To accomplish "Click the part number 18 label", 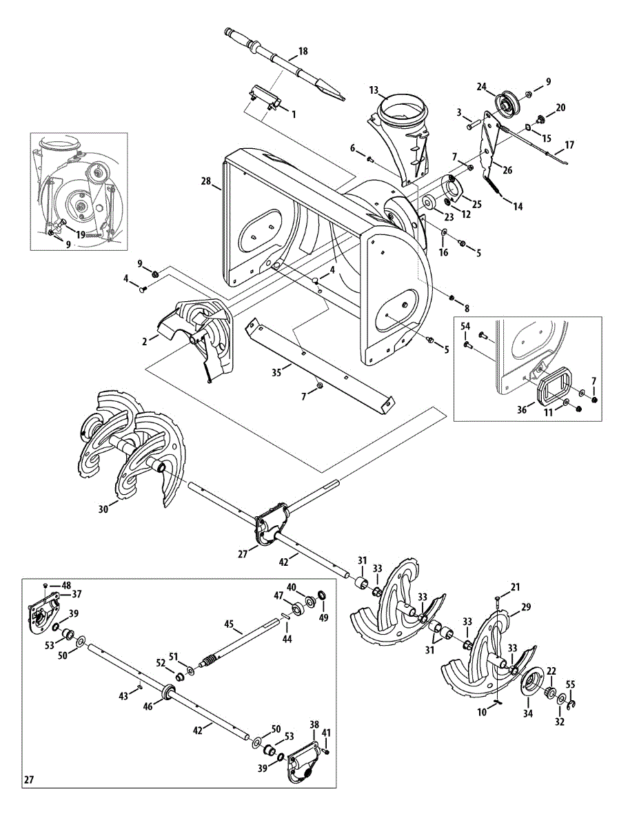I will click(x=303, y=52).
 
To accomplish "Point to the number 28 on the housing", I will click(x=205, y=181).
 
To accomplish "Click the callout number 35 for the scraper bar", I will click(x=276, y=371).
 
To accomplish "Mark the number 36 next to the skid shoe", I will click(x=522, y=409).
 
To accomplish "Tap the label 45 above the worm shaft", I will click(x=230, y=624).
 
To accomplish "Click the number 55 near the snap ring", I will click(x=570, y=684).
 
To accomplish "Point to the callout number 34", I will click(x=527, y=714).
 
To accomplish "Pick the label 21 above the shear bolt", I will click(x=516, y=586).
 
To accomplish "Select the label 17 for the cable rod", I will click(x=569, y=145).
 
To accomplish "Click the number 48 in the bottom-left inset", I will click(x=66, y=585).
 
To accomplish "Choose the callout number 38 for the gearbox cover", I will click(x=314, y=725).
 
